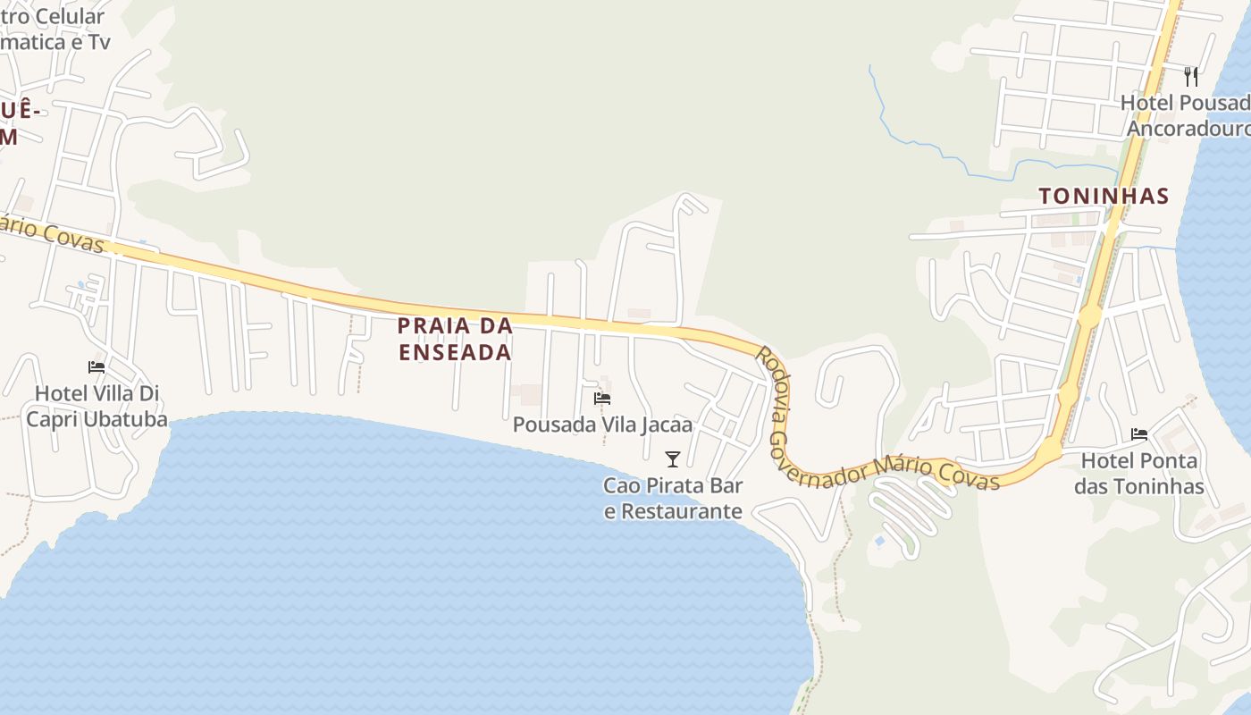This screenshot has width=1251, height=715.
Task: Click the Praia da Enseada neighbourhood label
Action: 456,338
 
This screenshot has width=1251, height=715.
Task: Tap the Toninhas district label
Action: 1104,196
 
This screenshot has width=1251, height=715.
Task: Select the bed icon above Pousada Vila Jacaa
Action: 602,399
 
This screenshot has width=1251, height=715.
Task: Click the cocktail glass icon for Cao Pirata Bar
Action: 673,459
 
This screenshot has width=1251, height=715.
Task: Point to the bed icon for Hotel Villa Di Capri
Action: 97,367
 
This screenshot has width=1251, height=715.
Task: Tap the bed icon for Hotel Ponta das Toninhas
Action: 1139,434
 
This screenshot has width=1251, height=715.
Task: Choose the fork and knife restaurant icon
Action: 1190,76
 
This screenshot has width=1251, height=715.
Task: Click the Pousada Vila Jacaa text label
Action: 602,425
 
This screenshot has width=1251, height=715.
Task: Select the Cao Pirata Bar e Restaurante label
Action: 673,499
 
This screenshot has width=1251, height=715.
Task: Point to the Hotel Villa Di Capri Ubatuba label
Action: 97,406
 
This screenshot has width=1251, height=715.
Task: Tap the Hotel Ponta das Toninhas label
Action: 1139,474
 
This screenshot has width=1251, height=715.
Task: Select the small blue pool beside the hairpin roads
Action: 880,541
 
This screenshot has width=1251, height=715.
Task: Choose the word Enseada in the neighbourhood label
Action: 456,352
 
